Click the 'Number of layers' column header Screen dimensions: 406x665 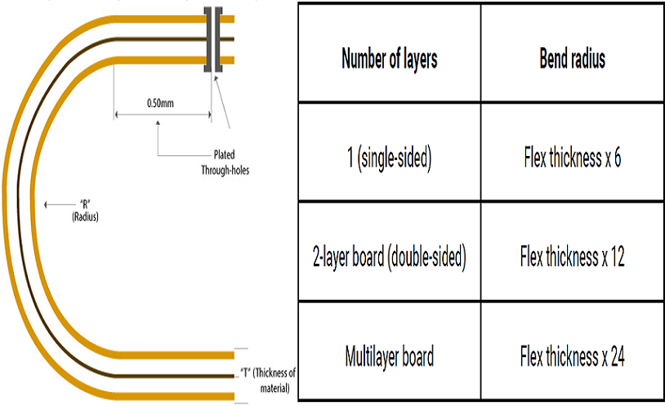pyautogui.click(x=389, y=60)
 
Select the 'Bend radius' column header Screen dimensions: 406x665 pyautogui.click(x=572, y=60)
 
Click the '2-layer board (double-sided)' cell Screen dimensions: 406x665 pyautogui.click(x=389, y=258)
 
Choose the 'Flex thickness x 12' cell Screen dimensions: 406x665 pyautogui.click(x=572, y=258)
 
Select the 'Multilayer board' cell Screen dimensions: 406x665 pyautogui.click(x=389, y=357)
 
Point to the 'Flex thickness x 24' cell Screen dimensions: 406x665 pyautogui.click(x=572, y=357)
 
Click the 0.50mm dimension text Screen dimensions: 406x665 pyautogui.click(x=160, y=104)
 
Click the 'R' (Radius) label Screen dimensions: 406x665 pyautogui.click(x=84, y=210)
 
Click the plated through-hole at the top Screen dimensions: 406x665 pyautogui.click(x=215, y=39)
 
